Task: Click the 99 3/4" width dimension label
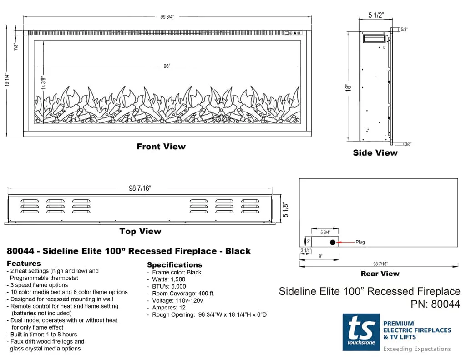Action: (x=167, y=17)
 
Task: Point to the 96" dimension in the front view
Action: (x=167, y=66)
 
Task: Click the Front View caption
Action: (x=161, y=147)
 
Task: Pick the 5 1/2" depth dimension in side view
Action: (x=376, y=15)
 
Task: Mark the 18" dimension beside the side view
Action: (x=349, y=87)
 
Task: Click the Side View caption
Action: (x=375, y=153)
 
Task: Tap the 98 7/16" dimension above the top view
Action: (x=139, y=188)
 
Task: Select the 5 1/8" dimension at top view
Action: (x=286, y=209)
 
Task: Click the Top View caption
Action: (x=140, y=231)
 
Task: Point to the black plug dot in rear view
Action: (x=333, y=242)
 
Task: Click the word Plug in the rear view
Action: (x=360, y=242)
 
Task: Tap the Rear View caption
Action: (x=380, y=274)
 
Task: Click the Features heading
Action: (x=24, y=264)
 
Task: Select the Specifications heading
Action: (x=174, y=265)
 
